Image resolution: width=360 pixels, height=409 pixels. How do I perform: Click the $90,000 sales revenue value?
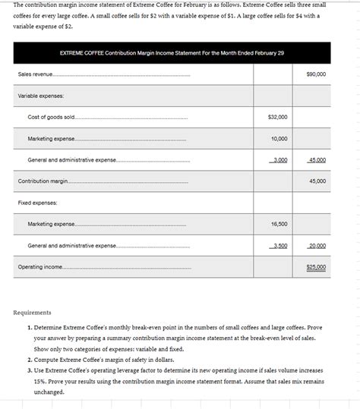[316, 74]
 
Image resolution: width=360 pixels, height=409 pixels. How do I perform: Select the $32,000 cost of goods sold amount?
[278, 118]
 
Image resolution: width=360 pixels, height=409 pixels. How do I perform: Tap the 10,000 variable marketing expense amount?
[279, 139]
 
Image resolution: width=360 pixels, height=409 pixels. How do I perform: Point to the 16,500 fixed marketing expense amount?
[279, 224]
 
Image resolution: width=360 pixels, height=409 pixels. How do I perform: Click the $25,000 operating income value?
[316, 267]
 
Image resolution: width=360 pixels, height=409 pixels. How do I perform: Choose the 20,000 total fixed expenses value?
[317, 246]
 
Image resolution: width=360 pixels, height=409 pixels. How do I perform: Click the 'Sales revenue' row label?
[35, 74]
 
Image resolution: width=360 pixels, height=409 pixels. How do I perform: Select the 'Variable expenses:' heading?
[41, 96]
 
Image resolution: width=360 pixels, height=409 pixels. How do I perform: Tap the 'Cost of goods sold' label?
[51, 118]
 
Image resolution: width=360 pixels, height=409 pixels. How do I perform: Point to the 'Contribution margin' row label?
[43, 181]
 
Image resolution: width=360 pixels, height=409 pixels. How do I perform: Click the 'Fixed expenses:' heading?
[38, 203]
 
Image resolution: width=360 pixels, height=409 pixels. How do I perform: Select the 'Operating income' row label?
[40, 267]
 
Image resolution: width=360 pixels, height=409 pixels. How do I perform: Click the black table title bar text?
[172, 52]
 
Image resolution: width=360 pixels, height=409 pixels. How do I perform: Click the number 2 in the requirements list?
[29, 360]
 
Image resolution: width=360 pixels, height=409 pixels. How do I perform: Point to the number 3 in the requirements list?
[29, 370]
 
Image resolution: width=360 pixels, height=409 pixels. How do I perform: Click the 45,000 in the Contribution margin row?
[317, 181]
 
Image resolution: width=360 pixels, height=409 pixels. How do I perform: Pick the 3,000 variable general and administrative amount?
[279, 160]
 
